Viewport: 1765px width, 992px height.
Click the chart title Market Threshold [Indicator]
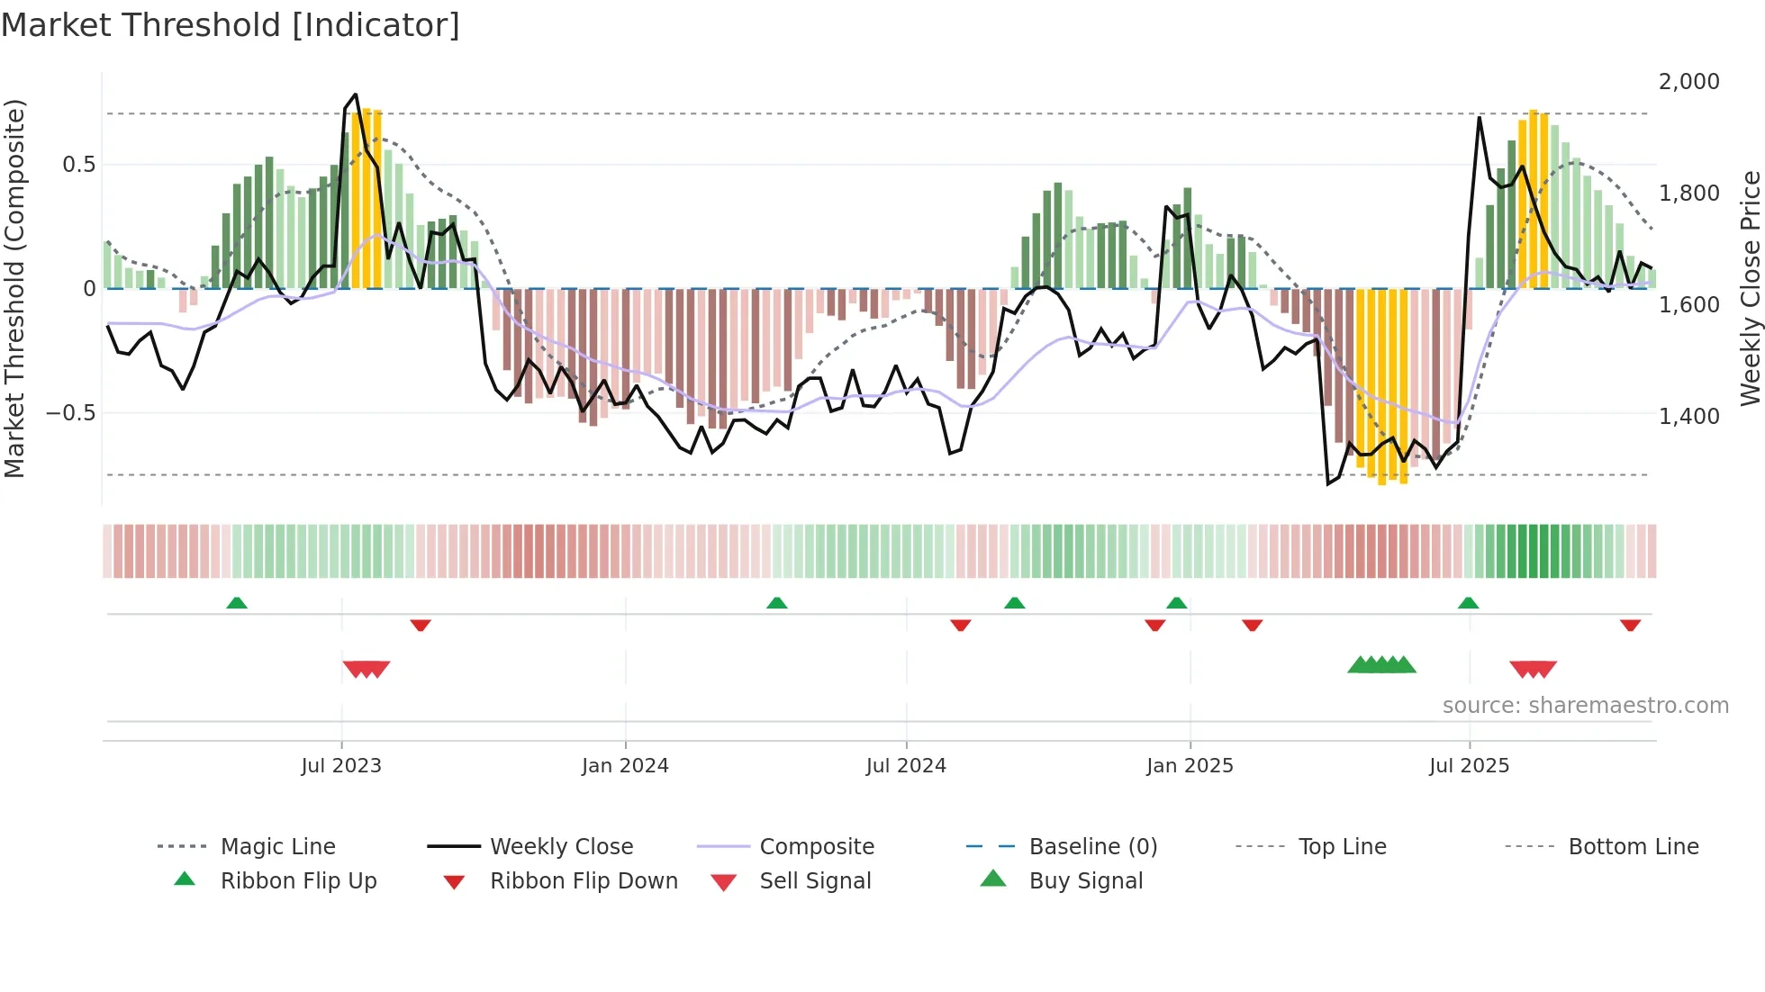pyautogui.click(x=231, y=25)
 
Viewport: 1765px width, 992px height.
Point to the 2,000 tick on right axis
pyautogui.click(x=1688, y=82)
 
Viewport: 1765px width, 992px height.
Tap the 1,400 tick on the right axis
pyautogui.click(x=1688, y=417)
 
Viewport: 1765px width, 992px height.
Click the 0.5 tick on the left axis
pyautogui.click(x=78, y=165)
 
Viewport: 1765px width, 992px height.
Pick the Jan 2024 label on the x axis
pyautogui.click(x=625, y=766)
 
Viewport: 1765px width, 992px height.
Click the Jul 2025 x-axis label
pyautogui.click(x=1469, y=766)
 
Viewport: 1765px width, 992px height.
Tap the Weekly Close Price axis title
pyautogui.click(x=1750, y=288)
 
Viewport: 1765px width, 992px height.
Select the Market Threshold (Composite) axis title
pyautogui.click(x=14, y=288)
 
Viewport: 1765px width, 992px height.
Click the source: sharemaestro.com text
pyautogui.click(x=1585, y=706)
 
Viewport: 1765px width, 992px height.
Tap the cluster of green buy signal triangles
pyautogui.click(x=1381, y=665)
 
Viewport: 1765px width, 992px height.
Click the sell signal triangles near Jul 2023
pyautogui.click(x=367, y=669)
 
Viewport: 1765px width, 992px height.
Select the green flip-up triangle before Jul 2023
pyautogui.click(x=237, y=603)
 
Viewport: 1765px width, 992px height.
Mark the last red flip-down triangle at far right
pyautogui.click(x=1630, y=625)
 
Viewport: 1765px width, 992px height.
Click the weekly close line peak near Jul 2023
pyautogui.click(x=356, y=95)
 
